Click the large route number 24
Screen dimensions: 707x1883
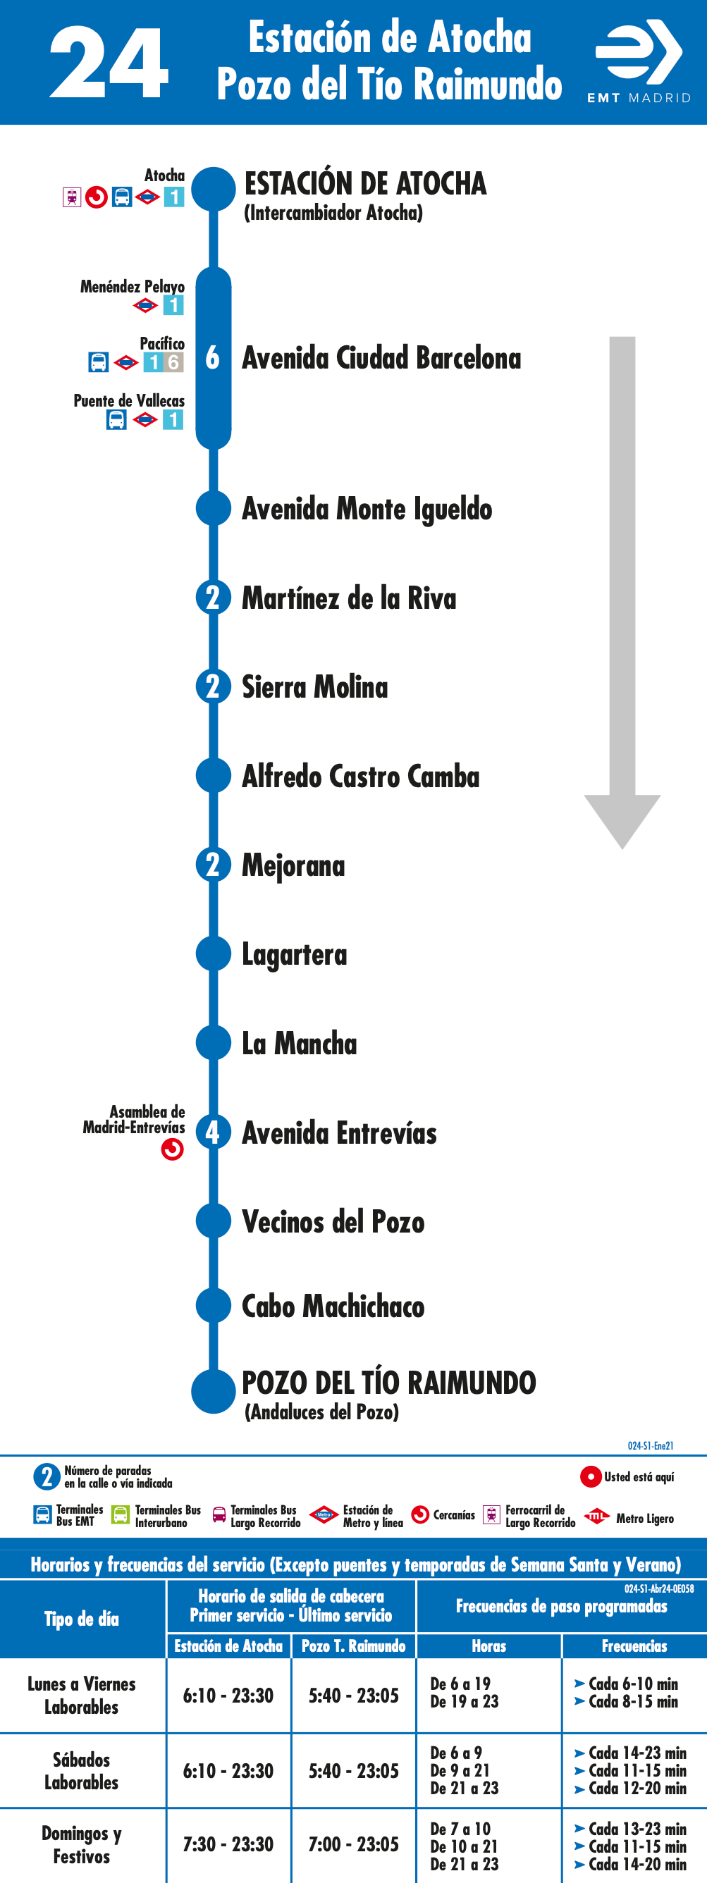(x=109, y=63)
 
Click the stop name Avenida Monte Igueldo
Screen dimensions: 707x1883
(x=367, y=509)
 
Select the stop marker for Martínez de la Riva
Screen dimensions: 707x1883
(x=213, y=597)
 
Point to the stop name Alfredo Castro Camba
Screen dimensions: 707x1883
(x=360, y=776)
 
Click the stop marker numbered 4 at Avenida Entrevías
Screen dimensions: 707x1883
(x=213, y=1132)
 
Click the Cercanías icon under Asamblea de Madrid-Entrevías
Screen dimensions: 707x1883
(x=173, y=1150)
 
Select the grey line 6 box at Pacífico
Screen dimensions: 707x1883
(x=173, y=362)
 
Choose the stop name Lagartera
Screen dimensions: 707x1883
(x=295, y=955)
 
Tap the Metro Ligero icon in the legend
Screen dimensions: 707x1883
(x=596, y=1516)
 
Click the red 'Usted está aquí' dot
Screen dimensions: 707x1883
(x=591, y=1476)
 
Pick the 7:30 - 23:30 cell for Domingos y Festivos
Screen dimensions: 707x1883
(x=228, y=1844)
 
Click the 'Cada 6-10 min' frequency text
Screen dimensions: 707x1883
(x=633, y=1684)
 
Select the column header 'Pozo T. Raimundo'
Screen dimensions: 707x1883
(x=354, y=1646)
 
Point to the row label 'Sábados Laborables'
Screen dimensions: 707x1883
(x=81, y=1770)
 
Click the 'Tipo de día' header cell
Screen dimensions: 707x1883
(x=82, y=1619)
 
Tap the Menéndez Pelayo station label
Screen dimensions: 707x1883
(x=133, y=287)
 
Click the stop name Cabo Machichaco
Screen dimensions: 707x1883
(x=333, y=1307)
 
